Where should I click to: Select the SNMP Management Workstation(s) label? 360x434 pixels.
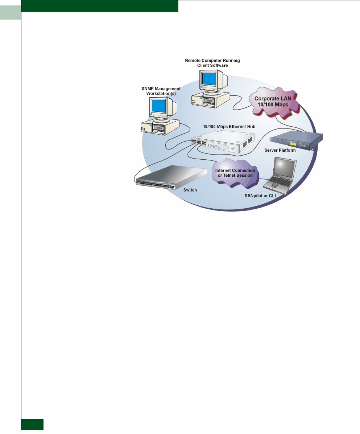(x=162, y=91)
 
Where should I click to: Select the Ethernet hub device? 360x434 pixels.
(x=221, y=142)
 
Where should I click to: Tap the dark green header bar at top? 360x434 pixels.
(x=100, y=6)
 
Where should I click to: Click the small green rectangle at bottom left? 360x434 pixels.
(x=33, y=424)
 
